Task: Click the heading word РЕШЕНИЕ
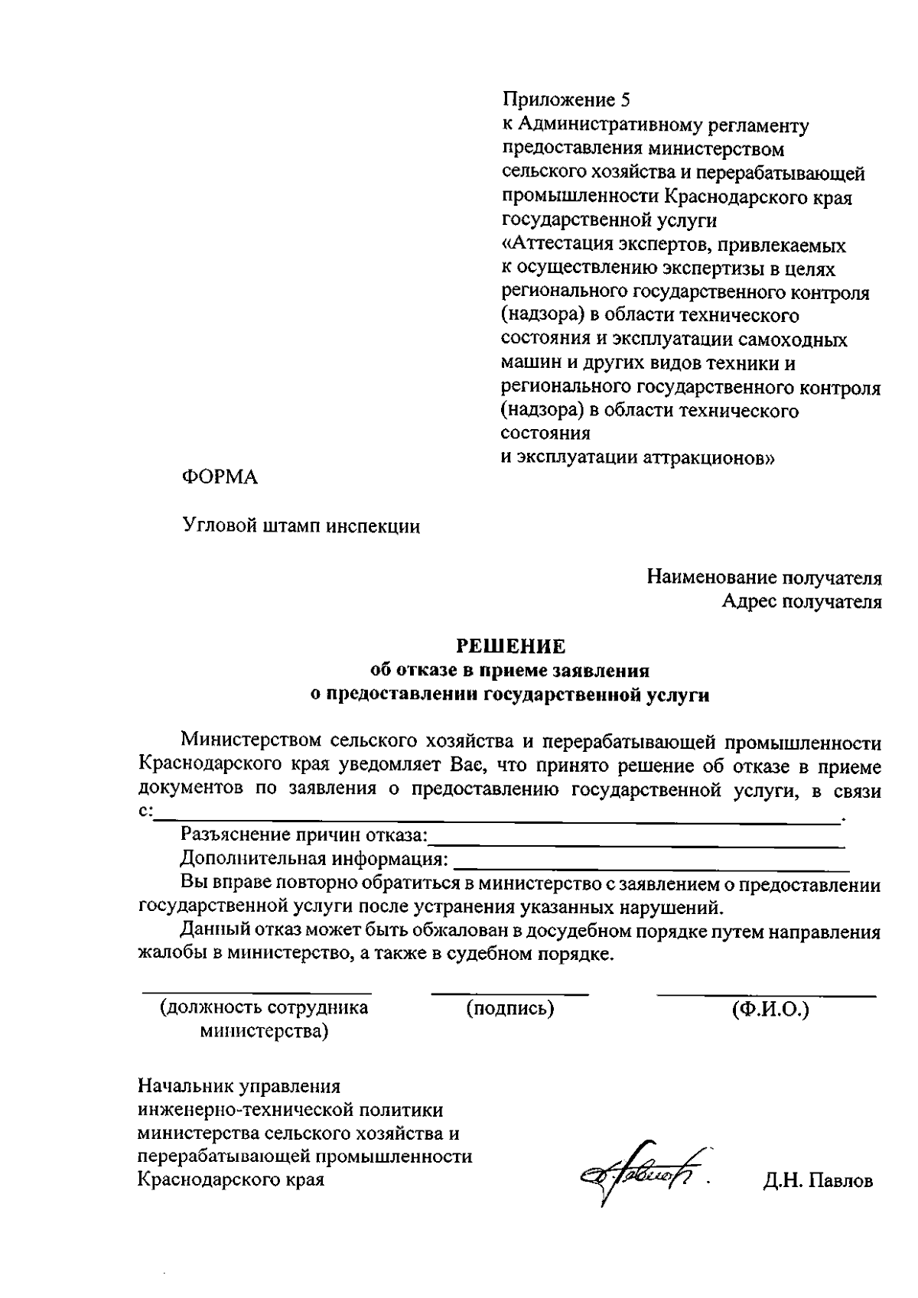[x=510, y=646]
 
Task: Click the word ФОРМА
[x=220, y=477]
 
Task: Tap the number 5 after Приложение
[x=628, y=100]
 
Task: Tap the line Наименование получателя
[x=763, y=577]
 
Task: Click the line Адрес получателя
[x=801, y=601]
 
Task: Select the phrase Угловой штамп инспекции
[x=301, y=526]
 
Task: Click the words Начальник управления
[x=239, y=1086]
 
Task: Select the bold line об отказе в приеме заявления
[x=509, y=671]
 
